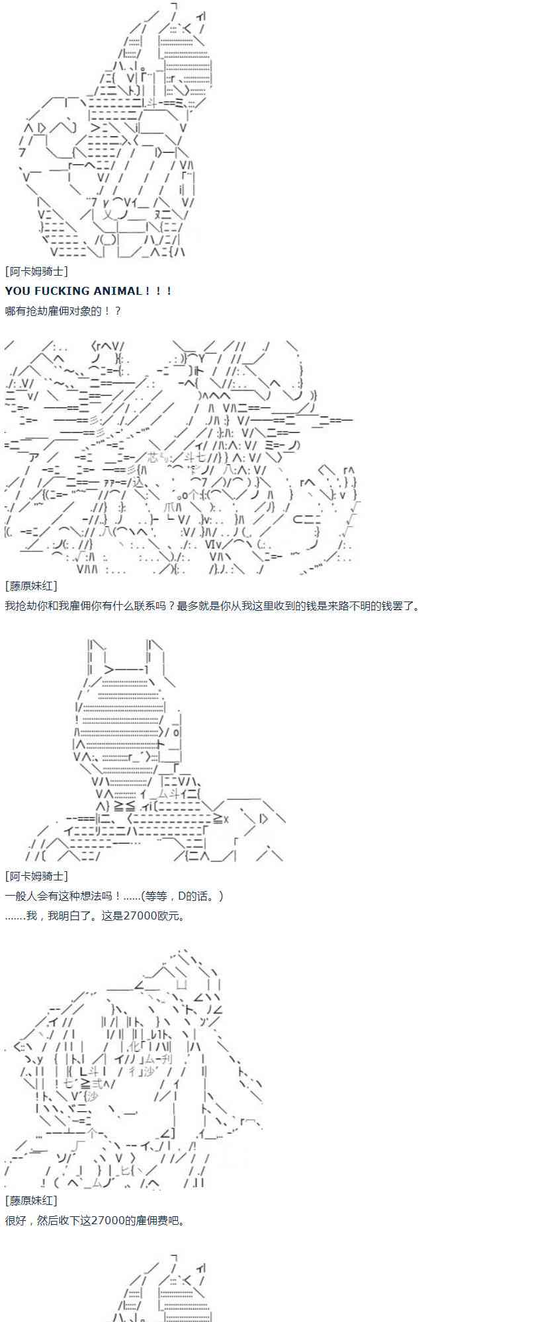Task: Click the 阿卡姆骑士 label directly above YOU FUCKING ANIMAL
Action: (x=36, y=272)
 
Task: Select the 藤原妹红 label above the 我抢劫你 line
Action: (x=30, y=586)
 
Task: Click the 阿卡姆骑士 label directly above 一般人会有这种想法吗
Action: (x=36, y=876)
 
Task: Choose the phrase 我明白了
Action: (x=70, y=915)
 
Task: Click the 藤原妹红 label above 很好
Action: (x=30, y=1200)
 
